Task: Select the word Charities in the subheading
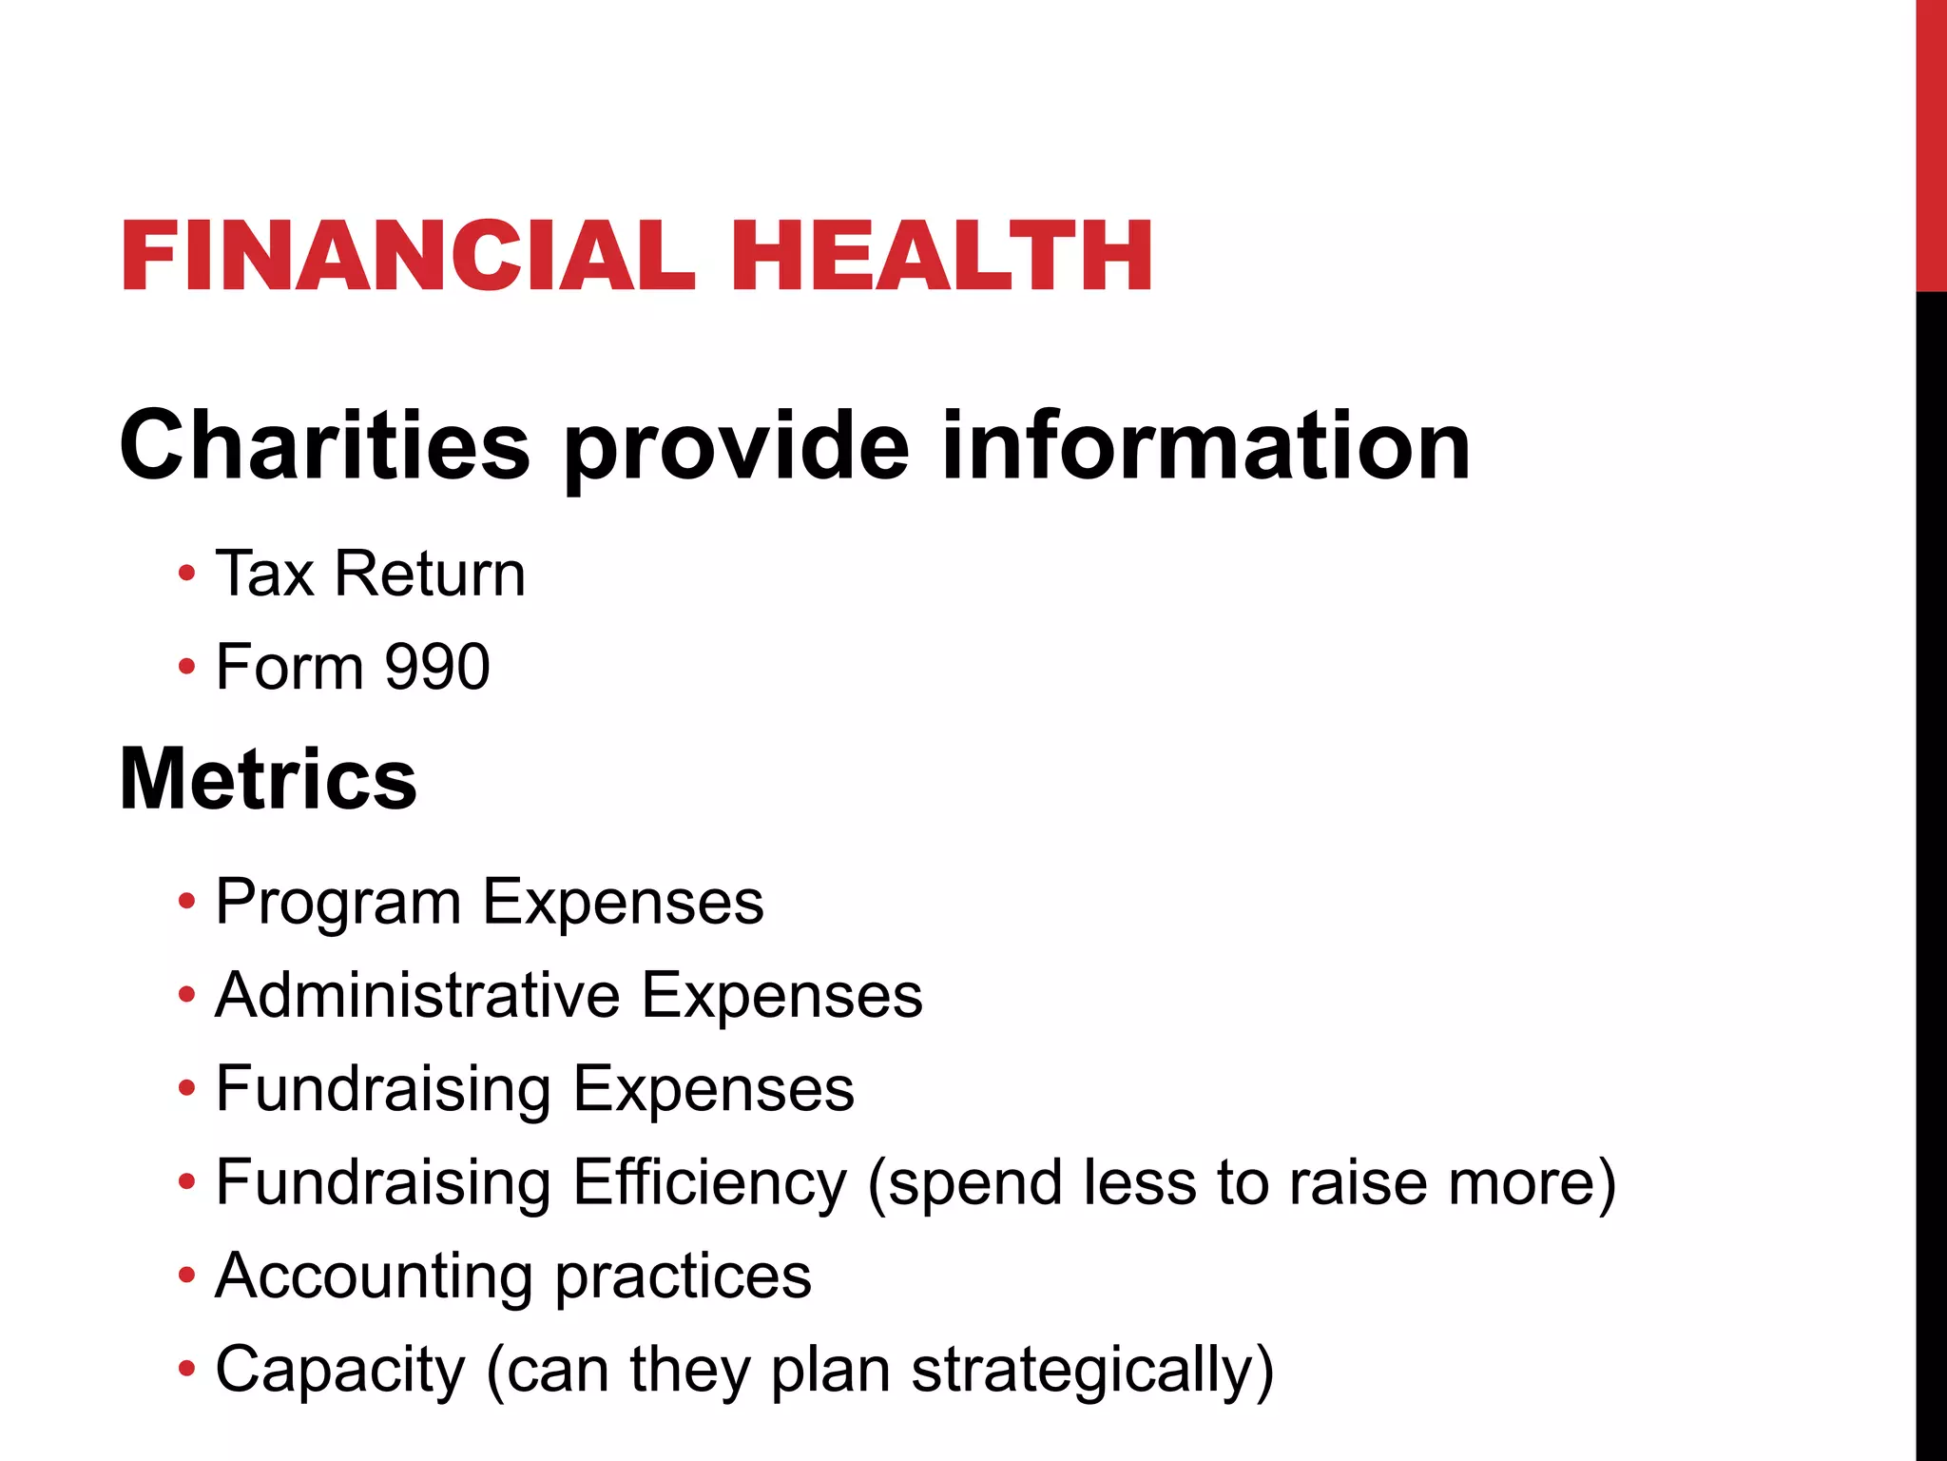(x=324, y=445)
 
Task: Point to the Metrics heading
(x=268, y=779)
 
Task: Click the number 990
(x=437, y=667)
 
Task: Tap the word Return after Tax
(x=429, y=574)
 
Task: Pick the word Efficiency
(x=709, y=1182)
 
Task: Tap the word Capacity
(x=340, y=1371)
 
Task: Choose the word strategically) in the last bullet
(x=1092, y=1371)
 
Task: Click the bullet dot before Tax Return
(x=187, y=575)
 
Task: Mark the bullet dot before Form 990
(x=187, y=668)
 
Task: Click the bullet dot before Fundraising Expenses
(x=187, y=1088)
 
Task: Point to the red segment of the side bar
(x=1931, y=143)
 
